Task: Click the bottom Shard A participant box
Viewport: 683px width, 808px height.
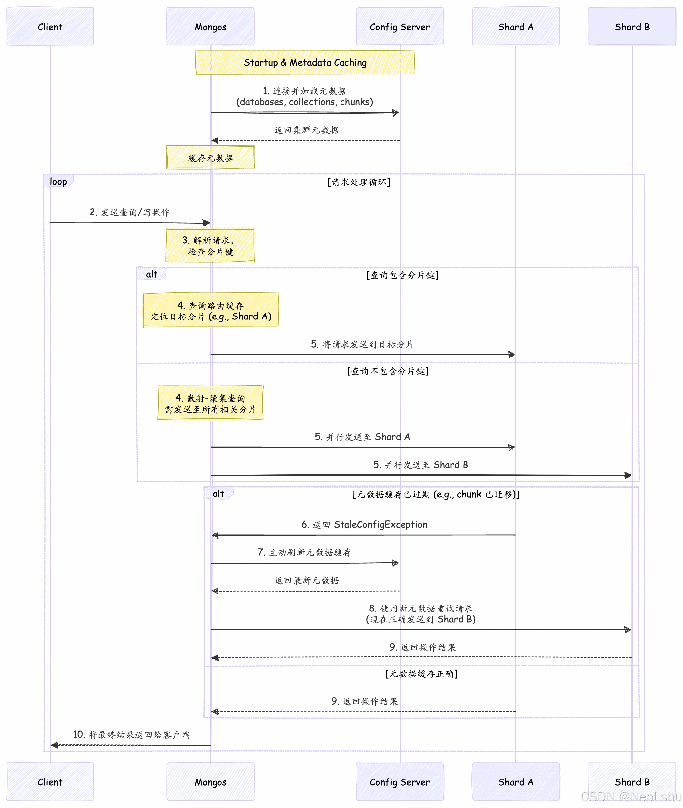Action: point(516,782)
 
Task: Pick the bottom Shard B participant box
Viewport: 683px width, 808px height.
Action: point(632,782)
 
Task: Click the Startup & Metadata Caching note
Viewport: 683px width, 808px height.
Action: point(305,62)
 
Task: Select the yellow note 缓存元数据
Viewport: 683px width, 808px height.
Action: point(210,158)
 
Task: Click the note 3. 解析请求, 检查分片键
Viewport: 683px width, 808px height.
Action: point(210,246)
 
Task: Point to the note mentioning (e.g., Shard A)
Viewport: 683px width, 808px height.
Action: point(211,310)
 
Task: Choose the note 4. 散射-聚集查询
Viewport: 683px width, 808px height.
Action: point(210,403)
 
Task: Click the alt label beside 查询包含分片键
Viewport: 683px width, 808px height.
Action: point(152,274)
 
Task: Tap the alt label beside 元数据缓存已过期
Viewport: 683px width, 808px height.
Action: point(218,493)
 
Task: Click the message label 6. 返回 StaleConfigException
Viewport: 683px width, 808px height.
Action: point(364,524)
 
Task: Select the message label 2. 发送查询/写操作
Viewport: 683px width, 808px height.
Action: point(129,212)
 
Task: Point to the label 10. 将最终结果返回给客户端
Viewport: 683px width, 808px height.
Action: point(131,734)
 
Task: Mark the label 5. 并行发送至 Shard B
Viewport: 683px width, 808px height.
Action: point(420,465)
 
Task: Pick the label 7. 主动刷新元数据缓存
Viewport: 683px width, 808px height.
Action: point(304,552)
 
